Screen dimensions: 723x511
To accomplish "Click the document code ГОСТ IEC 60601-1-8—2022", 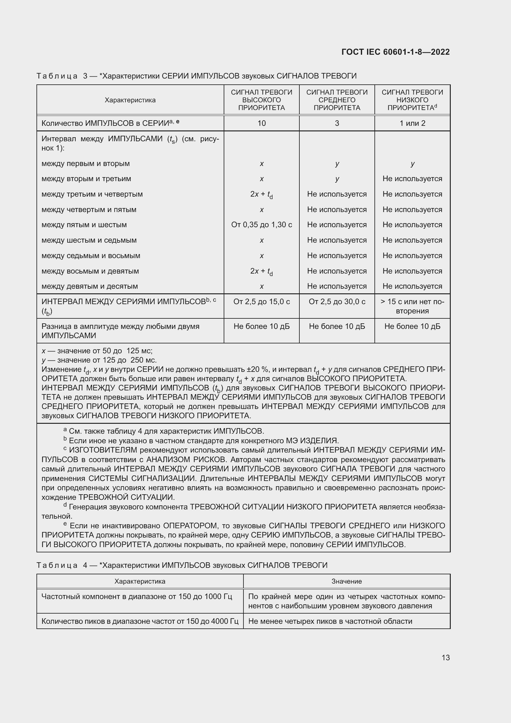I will pos(395,52).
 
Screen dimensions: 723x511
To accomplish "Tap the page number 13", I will pos(446,657).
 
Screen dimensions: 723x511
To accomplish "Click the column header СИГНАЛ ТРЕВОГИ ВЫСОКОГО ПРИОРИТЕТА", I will pos(261,100).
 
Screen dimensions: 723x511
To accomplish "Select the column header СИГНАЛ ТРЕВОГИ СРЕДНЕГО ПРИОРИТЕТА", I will pos(337,100).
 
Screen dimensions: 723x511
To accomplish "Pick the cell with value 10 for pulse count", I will pos(261,123).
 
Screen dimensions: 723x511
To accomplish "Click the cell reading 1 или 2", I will pos(412,123).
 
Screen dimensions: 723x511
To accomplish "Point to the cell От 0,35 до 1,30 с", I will pos(261,225).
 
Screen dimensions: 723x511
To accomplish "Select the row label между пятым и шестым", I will pos(84,225).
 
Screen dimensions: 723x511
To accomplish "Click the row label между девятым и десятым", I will pos(90,286).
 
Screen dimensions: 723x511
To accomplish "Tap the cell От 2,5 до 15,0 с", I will pos(261,302).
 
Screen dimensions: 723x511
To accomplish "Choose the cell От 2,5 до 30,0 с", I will pos(337,302).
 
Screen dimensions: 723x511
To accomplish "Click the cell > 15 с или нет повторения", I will pos(412,306).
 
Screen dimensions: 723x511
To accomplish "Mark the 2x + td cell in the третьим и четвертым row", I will pos(261,194).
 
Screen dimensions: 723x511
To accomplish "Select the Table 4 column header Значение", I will pos(346,581).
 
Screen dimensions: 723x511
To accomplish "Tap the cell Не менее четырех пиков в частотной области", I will pos(330,621).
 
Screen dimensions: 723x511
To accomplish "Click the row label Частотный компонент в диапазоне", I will pos(137,596).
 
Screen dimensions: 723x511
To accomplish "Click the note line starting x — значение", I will pos(97,351).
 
